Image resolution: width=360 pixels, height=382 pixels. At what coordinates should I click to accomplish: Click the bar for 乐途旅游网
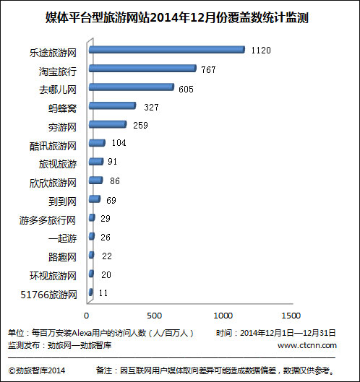click(x=167, y=50)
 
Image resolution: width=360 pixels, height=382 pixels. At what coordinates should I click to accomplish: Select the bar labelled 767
click(x=142, y=69)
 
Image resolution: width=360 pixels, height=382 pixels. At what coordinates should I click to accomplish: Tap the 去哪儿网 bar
click(x=132, y=87)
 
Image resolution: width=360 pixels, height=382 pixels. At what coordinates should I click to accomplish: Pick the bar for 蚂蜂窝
click(x=113, y=105)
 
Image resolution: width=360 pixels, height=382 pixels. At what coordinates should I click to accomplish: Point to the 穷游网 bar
click(x=108, y=124)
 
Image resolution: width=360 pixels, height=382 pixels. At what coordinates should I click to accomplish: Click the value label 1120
click(x=261, y=51)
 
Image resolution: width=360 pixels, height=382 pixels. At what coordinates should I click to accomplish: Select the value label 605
click(x=186, y=90)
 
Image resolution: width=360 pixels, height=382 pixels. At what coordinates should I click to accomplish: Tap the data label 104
click(x=119, y=143)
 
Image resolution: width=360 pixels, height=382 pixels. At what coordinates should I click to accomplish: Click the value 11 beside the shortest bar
click(x=103, y=293)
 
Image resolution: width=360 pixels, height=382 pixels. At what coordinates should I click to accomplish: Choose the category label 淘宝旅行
click(x=58, y=71)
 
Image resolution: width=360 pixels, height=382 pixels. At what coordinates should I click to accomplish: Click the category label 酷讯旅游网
click(x=53, y=146)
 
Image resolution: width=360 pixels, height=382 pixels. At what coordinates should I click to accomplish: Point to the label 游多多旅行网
click(x=48, y=220)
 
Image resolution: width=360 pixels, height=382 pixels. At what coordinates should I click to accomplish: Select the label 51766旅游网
click(x=48, y=295)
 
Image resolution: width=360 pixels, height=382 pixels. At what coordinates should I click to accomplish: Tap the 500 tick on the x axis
click(x=154, y=316)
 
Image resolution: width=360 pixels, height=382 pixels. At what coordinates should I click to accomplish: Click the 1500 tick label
click(x=291, y=316)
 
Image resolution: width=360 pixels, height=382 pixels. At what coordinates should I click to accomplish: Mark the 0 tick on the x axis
click(x=86, y=316)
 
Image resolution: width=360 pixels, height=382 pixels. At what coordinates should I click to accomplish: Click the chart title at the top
click(x=177, y=17)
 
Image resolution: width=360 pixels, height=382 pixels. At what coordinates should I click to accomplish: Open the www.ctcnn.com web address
click(x=307, y=345)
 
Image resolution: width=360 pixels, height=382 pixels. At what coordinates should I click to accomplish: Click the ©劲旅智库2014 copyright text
click(x=37, y=370)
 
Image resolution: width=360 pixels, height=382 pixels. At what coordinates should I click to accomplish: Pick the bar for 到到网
click(x=95, y=199)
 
